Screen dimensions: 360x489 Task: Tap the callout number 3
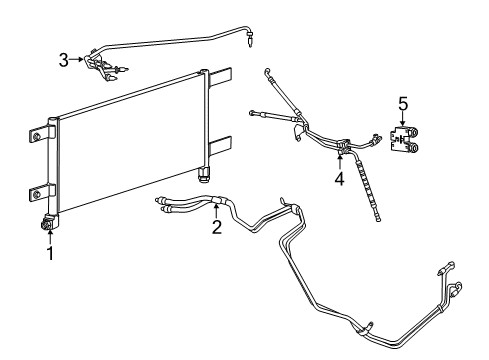pyautogui.click(x=64, y=60)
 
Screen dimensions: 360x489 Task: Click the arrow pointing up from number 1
pyautogui.click(x=49, y=238)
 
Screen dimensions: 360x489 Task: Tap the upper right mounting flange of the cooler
pyautogui.click(x=221, y=77)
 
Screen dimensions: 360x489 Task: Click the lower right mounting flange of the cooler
pyautogui.click(x=222, y=144)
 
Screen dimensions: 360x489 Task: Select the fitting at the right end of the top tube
pyautogui.click(x=250, y=40)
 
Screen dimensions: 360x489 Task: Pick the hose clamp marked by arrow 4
pyautogui.click(x=341, y=151)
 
